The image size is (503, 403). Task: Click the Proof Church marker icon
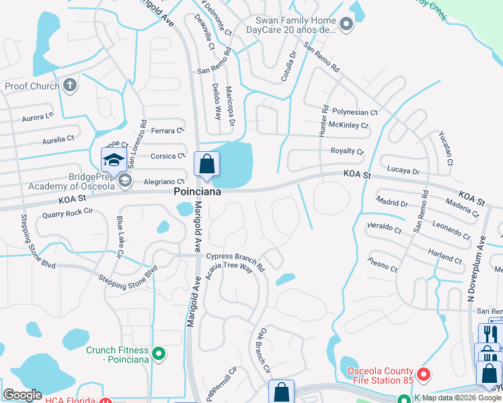pyautogui.click(x=70, y=86)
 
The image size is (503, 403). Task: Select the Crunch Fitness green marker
pyautogui.click(x=159, y=353)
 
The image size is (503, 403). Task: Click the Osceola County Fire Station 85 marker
pyautogui.click(x=423, y=373)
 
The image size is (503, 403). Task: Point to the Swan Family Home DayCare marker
pyautogui.click(x=346, y=26)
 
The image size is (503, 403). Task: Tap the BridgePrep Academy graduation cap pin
pyautogui.click(x=114, y=160)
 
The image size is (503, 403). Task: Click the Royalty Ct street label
pyautogui.click(x=346, y=151)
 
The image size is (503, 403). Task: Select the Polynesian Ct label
pyautogui.click(x=355, y=112)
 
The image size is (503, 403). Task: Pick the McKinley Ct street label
pyautogui.click(x=348, y=125)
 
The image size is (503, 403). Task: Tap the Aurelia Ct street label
pyautogui.click(x=58, y=140)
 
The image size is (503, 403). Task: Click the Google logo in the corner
pyautogui.click(x=23, y=394)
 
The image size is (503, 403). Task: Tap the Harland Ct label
pyautogui.click(x=444, y=256)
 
